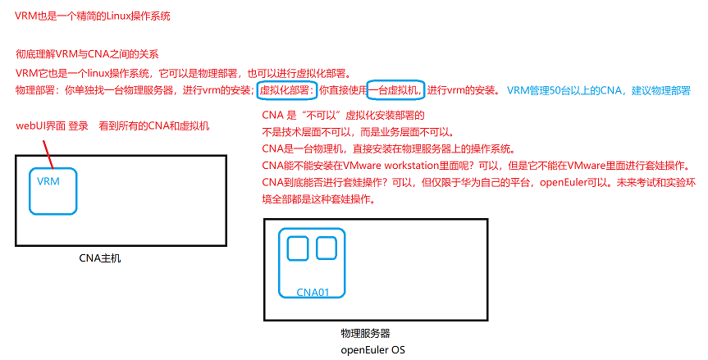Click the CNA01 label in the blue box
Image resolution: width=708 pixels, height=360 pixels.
coord(313,292)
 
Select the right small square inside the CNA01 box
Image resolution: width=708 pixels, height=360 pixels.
coord(327,248)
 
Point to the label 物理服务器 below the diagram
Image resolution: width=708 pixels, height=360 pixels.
coord(364,334)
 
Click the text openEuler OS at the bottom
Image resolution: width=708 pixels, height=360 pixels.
coord(373,349)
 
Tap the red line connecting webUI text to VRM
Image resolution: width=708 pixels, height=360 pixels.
coord(46,151)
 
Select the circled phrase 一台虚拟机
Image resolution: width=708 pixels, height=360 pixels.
coord(395,89)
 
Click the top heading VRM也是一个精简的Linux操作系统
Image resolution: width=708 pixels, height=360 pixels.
coord(94,16)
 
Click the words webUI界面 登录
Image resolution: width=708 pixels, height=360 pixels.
coord(52,126)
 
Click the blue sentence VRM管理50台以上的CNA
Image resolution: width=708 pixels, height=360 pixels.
coord(566,89)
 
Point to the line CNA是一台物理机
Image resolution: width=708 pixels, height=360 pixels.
coord(387,148)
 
